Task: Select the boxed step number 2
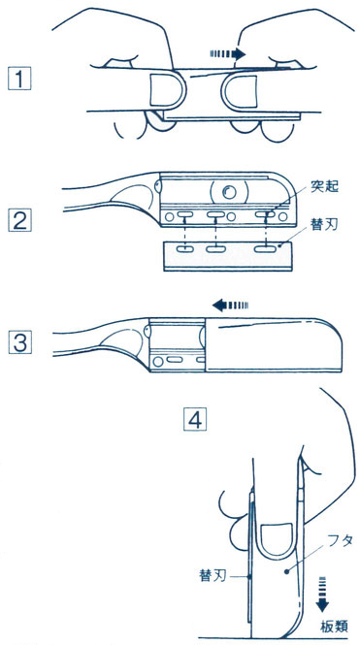19,220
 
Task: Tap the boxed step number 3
19,342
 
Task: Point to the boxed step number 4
195,419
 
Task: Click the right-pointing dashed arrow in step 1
228,54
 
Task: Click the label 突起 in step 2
325,187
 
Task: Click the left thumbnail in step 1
161,89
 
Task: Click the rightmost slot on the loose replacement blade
265,248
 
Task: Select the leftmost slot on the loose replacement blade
185,248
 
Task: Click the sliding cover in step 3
273,344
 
